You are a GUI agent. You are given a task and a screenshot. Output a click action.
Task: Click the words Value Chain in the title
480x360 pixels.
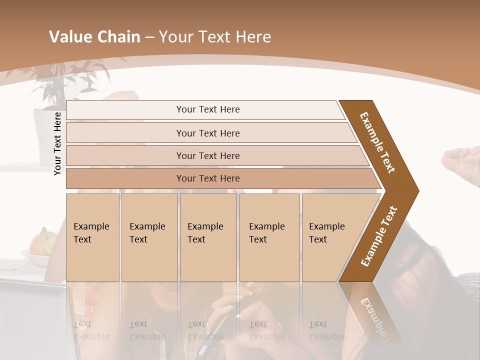[94, 37]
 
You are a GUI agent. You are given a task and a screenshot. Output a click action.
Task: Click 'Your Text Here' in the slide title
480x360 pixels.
[215, 37]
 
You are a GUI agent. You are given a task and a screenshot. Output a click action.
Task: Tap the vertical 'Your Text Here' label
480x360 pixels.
[57, 143]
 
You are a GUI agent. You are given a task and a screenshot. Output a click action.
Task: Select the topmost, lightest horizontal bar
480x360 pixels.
[205, 109]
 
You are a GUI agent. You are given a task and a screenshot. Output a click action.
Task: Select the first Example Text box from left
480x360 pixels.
[92, 237]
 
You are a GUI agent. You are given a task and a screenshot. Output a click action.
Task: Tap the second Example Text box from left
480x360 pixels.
[149, 237]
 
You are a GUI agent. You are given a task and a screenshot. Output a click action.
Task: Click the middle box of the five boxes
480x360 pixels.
[208, 237]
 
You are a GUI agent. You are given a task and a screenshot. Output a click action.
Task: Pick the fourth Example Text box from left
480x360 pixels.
[269, 237]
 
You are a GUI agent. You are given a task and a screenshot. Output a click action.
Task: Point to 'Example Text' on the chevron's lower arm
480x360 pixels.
[379, 236]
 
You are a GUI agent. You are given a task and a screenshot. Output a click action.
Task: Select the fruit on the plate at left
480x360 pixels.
[43, 243]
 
